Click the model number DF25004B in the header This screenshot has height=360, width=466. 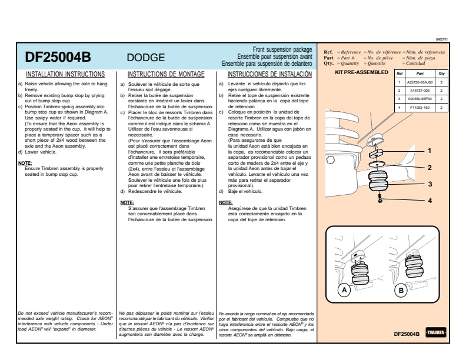(x=58, y=58)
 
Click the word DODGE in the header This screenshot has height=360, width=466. (x=146, y=58)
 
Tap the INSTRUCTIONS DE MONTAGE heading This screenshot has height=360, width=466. (x=166, y=75)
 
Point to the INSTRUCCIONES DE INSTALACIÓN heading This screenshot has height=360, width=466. (x=269, y=75)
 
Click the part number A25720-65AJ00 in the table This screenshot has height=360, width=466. (x=420, y=83)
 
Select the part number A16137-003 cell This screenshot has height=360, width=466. (x=420, y=91)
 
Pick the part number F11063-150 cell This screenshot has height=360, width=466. (x=420, y=108)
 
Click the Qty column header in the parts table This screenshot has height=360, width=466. (x=442, y=74)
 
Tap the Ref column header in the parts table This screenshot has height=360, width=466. (x=399, y=74)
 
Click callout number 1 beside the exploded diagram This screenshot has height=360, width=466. (x=430, y=151)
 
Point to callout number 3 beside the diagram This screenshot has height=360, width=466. (x=430, y=184)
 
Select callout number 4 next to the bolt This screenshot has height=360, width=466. (x=430, y=200)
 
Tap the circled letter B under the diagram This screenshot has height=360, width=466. (x=400, y=290)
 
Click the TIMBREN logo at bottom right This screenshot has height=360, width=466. (x=436, y=333)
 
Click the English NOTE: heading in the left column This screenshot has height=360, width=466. (x=25, y=163)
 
